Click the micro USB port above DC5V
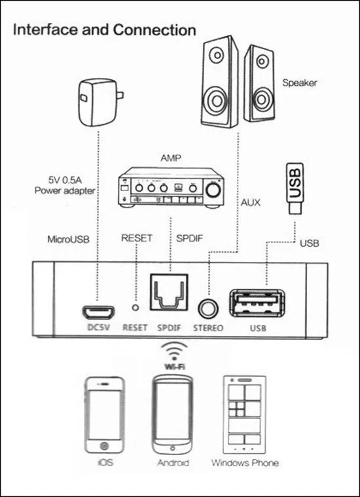[x=96, y=311]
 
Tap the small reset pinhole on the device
[x=135, y=307]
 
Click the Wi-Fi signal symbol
[x=173, y=354]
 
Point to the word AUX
[x=251, y=203]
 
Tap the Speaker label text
[x=300, y=83]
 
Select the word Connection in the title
[x=154, y=29]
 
